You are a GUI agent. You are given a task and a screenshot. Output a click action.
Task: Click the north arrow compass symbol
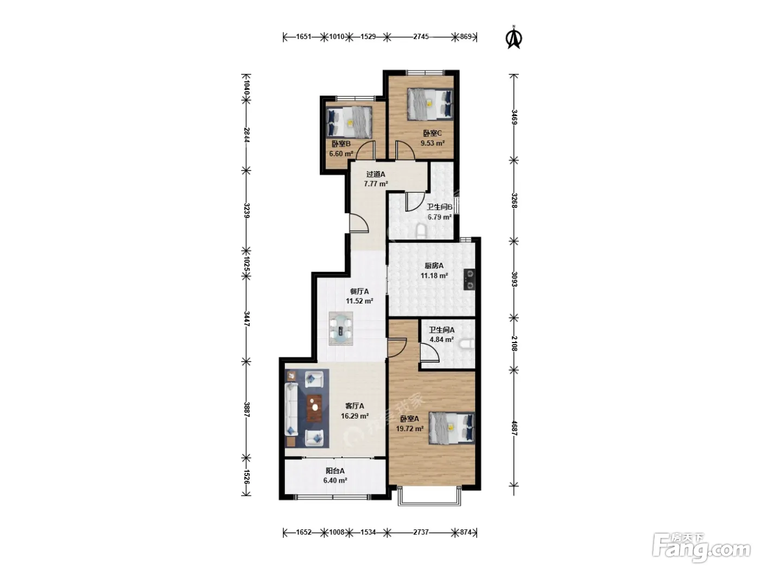[515, 37]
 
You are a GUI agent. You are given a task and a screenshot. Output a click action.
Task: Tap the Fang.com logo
[701, 548]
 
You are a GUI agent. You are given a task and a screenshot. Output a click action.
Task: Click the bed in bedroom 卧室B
[349, 122]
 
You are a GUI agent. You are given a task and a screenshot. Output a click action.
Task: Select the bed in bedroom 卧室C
[430, 104]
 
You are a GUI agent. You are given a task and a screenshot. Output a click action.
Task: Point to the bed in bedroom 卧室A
[452, 428]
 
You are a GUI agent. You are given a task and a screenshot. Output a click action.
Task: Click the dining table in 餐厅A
[341, 328]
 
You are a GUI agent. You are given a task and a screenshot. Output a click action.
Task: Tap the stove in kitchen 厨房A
[470, 279]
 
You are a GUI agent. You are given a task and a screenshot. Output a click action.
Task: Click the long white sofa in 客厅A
[291, 409]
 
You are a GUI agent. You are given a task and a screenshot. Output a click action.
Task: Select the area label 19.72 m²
[410, 429]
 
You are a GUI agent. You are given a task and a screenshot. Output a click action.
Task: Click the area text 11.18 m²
[434, 276]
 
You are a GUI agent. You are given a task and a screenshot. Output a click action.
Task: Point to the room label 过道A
[376, 174]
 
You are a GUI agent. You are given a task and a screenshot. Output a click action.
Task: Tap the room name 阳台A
[335, 471]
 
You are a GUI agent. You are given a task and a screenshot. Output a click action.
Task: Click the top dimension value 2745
[421, 37]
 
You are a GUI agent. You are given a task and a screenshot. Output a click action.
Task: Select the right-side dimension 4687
[514, 428]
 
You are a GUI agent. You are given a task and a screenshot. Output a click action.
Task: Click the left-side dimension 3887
[246, 409]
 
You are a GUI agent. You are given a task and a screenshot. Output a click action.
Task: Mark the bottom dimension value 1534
[368, 533]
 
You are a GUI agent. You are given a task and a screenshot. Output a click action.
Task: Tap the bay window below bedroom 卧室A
[429, 496]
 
